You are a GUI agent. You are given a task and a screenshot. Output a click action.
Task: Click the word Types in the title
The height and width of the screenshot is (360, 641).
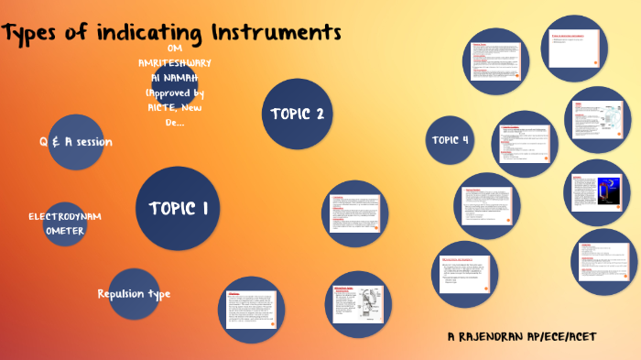(36, 34)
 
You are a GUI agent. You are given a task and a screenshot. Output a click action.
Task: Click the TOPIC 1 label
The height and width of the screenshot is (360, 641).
(179, 208)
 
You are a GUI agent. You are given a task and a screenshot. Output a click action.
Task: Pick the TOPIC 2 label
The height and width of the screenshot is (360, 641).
(297, 114)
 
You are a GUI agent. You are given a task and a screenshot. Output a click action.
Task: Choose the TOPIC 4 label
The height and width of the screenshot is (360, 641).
(451, 140)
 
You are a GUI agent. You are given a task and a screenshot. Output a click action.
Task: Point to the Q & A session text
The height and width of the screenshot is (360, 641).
(75, 142)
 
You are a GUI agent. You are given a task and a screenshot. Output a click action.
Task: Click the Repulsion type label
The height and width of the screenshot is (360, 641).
(134, 293)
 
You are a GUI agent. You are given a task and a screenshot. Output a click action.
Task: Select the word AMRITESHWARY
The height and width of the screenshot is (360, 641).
(175, 62)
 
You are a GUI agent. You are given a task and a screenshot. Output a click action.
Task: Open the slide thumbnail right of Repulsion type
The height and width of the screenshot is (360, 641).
(250, 310)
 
